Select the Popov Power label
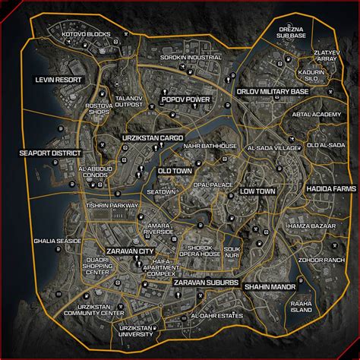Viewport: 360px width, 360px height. (185, 99)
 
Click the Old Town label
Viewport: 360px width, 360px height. (174, 172)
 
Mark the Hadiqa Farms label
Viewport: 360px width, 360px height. (330, 188)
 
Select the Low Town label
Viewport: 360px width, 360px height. (257, 191)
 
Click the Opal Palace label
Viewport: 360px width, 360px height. (213, 185)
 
